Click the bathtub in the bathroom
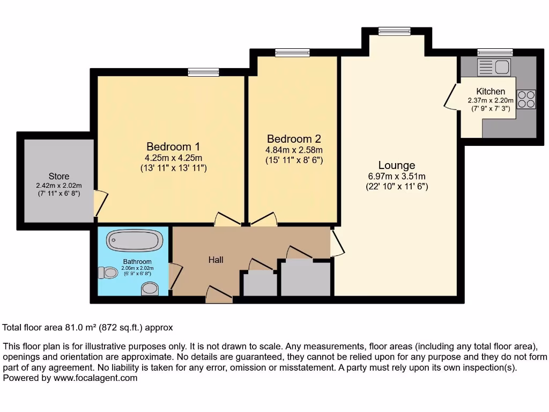(134, 240)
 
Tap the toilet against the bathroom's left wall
(108, 273)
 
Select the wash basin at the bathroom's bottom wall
(150, 290)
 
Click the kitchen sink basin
(502, 67)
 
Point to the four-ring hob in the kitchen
(526, 98)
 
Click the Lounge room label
(396, 165)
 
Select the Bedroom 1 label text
(173, 146)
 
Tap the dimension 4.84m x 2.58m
(294, 150)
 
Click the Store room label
(59, 176)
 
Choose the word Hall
(216, 260)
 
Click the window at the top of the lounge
(394, 32)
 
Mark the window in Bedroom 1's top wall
(203, 72)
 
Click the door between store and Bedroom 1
(100, 203)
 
